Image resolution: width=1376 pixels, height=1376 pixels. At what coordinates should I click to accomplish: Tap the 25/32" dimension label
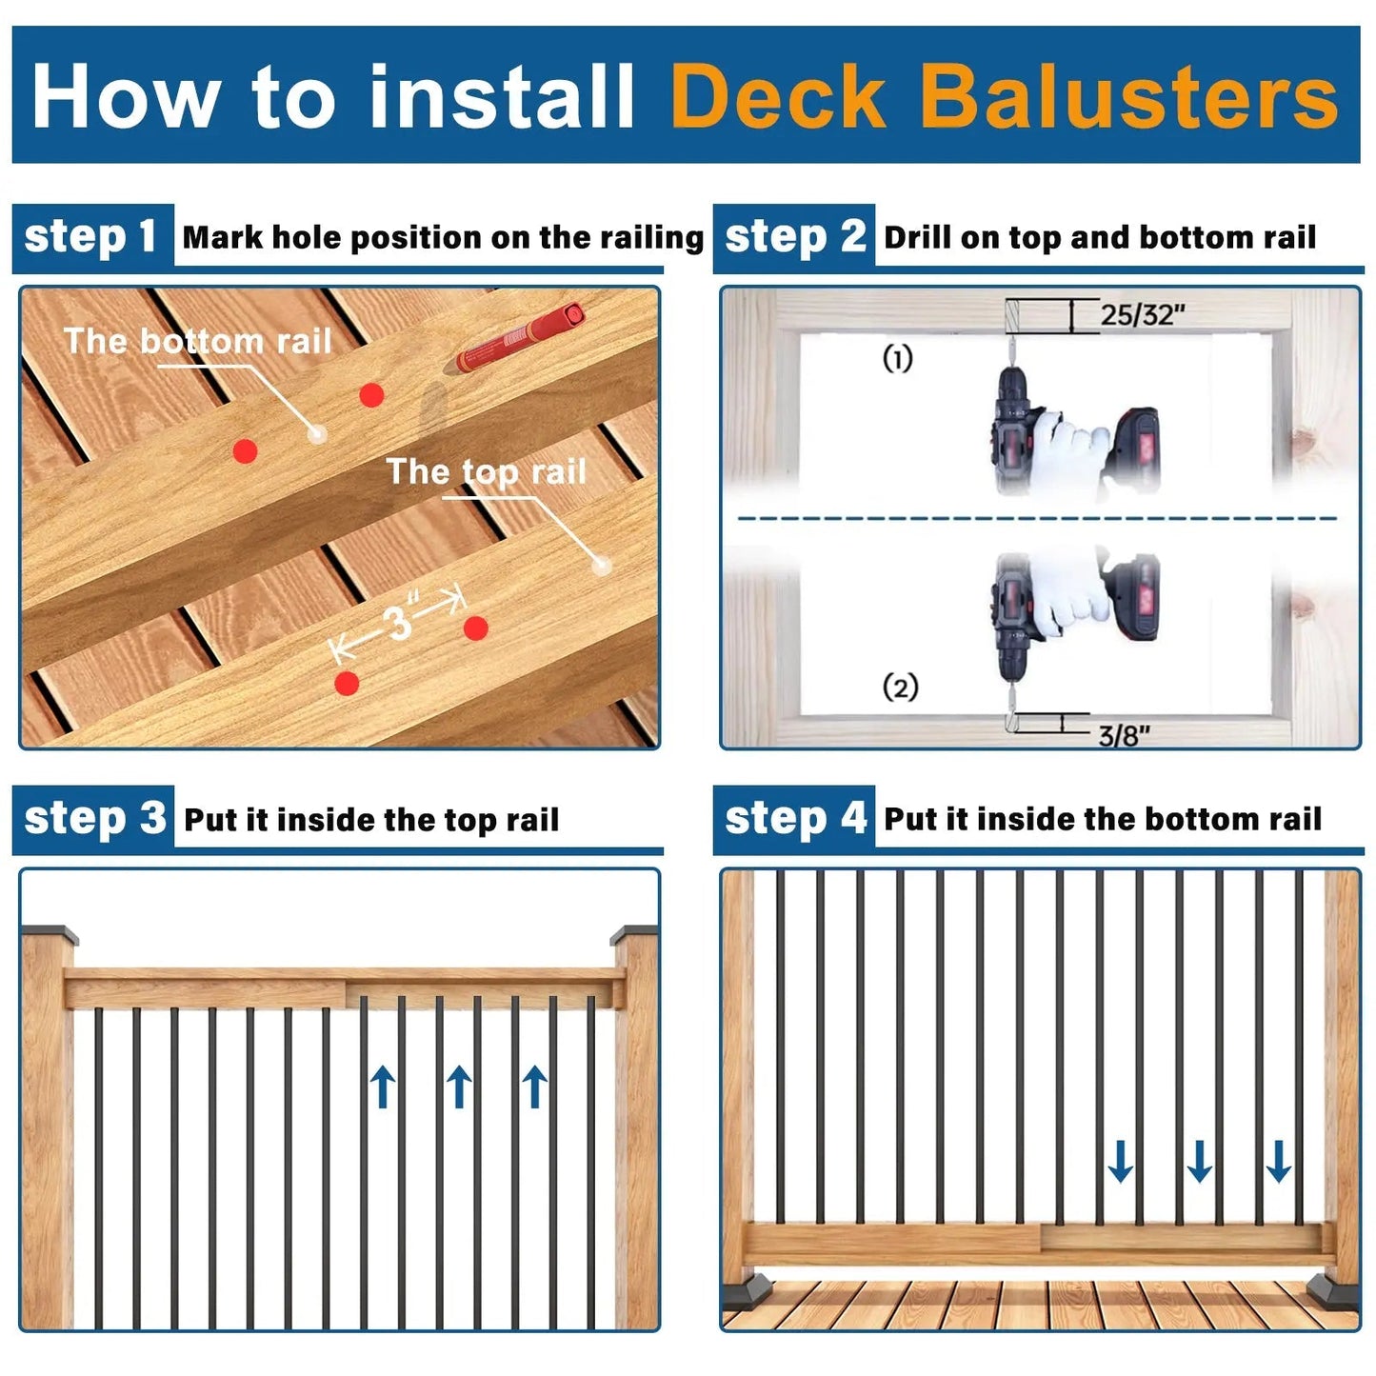tap(1142, 315)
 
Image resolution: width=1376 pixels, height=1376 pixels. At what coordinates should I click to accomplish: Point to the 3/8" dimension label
tap(1124, 735)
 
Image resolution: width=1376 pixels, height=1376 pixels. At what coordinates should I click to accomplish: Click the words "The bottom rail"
tap(198, 341)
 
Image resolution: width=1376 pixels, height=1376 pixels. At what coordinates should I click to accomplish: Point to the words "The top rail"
tap(487, 472)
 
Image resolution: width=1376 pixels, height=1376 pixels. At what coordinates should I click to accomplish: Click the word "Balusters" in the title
tap(1129, 95)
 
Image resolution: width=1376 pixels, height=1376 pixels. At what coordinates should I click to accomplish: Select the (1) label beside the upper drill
tap(897, 358)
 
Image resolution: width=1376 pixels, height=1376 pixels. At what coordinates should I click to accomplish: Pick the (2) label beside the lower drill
tap(900, 687)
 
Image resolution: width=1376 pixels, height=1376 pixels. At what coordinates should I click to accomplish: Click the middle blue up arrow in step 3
tap(458, 1087)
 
